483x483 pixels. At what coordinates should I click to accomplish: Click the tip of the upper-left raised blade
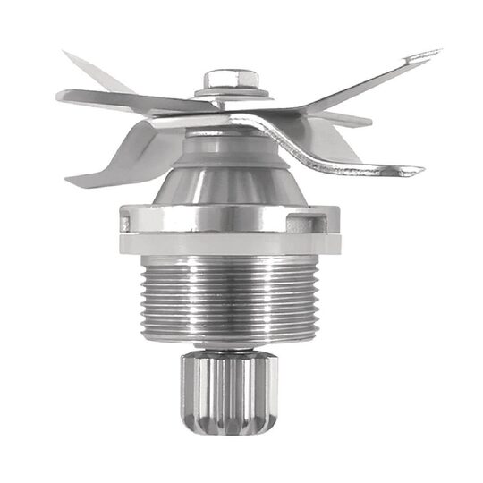[x=68, y=55]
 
